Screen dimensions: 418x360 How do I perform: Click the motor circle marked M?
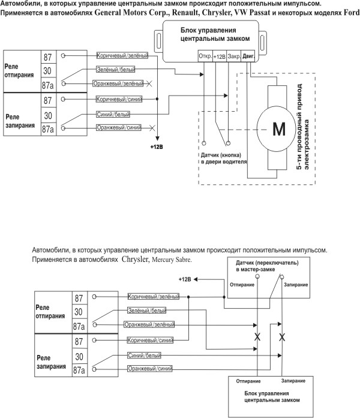280,129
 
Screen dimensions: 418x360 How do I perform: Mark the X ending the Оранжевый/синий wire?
153,127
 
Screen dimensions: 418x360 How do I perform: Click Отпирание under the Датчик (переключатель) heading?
242,284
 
